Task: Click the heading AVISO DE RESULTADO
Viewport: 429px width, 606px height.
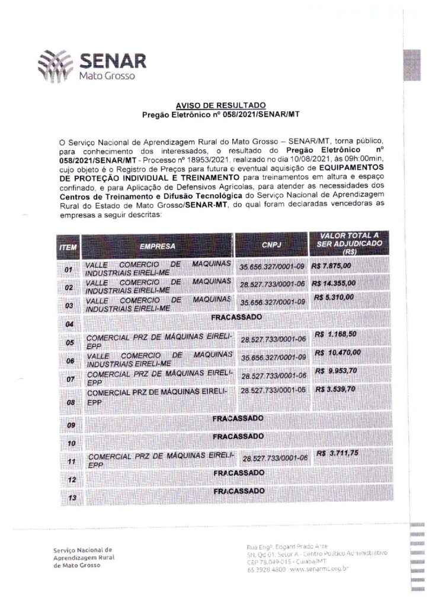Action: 211,105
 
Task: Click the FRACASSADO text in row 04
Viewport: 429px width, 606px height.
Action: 237,318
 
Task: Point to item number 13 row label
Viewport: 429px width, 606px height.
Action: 73,498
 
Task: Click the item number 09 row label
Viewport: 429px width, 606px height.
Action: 71,425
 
